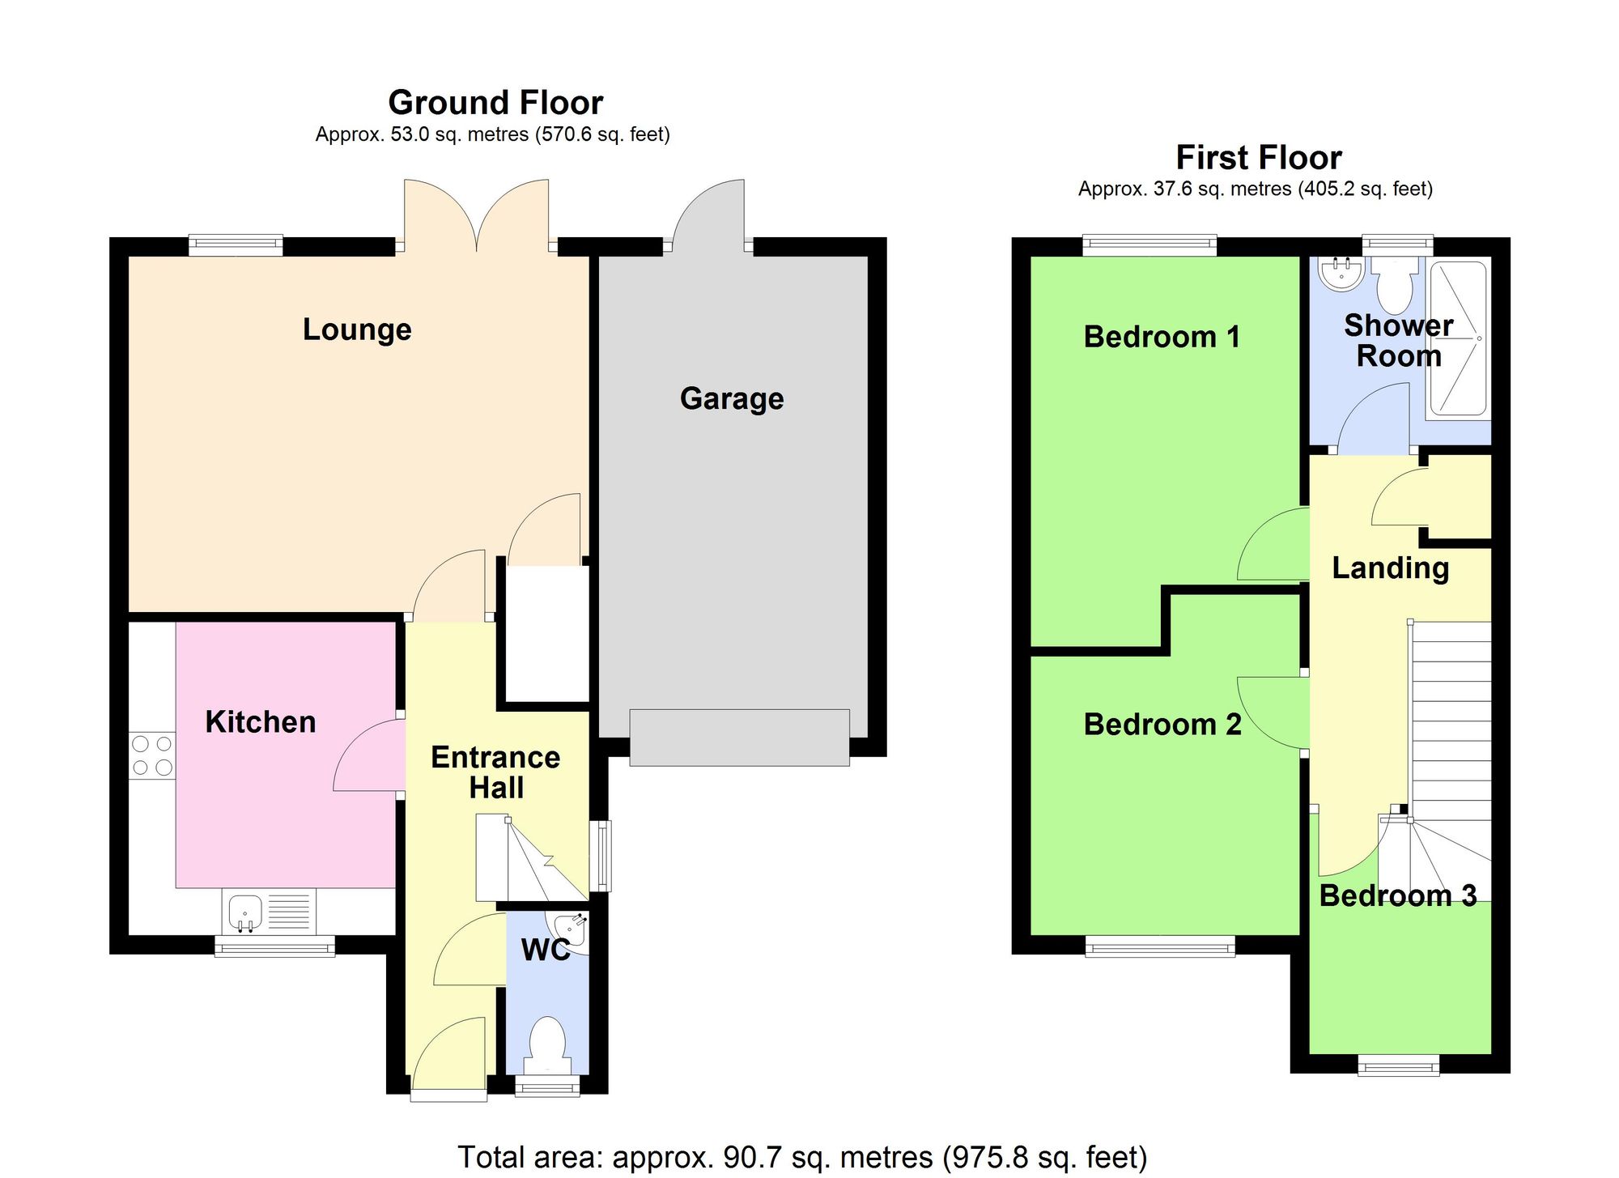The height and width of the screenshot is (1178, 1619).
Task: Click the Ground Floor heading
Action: click(x=495, y=103)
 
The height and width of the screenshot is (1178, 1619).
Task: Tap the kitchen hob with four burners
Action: click(x=152, y=755)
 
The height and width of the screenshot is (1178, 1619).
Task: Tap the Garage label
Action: click(x=731, y=398)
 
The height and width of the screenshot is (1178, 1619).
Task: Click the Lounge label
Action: click(x=357, y=330)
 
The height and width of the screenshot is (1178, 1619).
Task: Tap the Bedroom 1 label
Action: click(x=1161, y=337)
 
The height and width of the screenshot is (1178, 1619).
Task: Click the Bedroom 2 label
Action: click(x=1162, y=725)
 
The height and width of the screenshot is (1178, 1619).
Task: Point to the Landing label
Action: click(x=1390, y=568)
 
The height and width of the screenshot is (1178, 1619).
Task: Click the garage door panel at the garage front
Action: click(x=739, y=738)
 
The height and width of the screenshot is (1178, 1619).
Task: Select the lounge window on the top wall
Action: click(x=236, y=245)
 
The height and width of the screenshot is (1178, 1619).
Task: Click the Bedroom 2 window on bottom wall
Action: click(x=1159, y=946)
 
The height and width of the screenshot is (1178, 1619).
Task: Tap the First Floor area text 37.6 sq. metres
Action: click(x=1255, y=189)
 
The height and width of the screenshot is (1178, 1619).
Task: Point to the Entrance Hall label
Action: click(x=495, y=772)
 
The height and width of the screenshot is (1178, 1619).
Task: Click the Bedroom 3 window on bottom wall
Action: click(x=1398, y=1065)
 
